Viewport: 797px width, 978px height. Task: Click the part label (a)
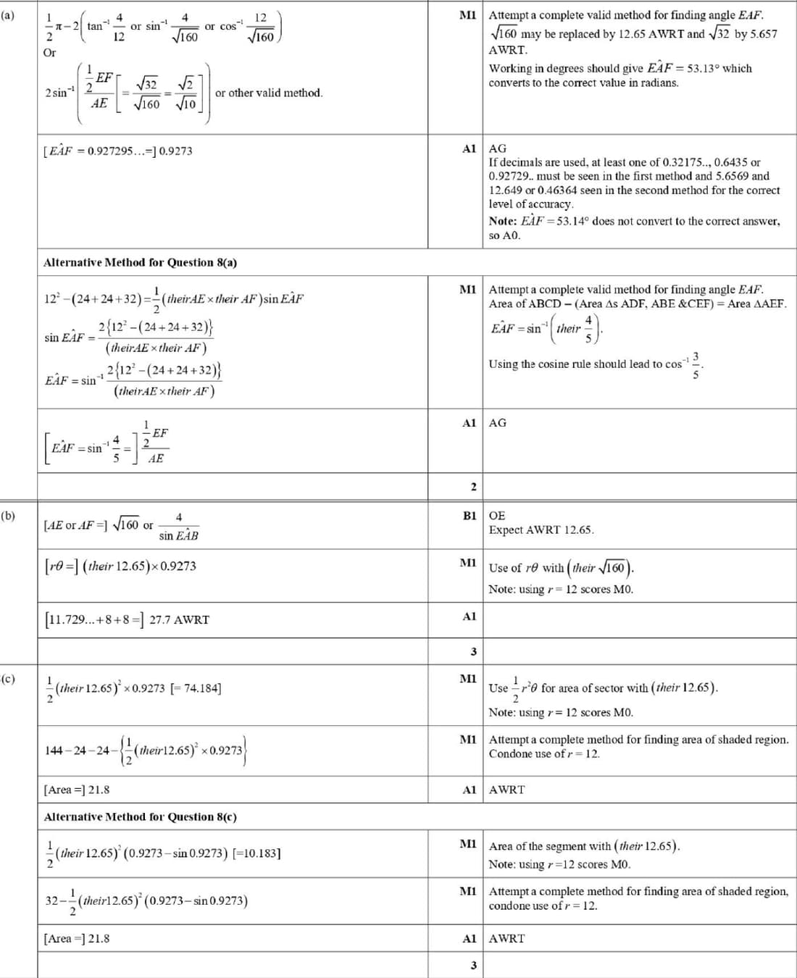tap(8, 14)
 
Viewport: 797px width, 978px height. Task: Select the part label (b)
tap(8, 516)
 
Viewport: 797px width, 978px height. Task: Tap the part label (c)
tap(8, 679)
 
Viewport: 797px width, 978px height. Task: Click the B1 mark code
tap(470, 516)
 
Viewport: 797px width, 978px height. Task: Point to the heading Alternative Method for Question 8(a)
tap(140, 262)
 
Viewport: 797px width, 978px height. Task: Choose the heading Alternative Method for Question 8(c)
tap(140, 816)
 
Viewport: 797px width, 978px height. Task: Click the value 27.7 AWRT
tap(179, 619)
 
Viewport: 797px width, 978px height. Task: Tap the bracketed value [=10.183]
tap(256, 853)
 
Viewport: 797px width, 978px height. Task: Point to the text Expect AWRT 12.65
tap(541, 530)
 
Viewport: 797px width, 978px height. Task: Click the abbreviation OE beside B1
tap(497, 516)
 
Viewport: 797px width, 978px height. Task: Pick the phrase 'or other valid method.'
tap(269, 93)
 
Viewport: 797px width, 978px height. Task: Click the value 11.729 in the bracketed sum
tap(67, 619)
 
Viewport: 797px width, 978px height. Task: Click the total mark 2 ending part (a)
tap(473, 487)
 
